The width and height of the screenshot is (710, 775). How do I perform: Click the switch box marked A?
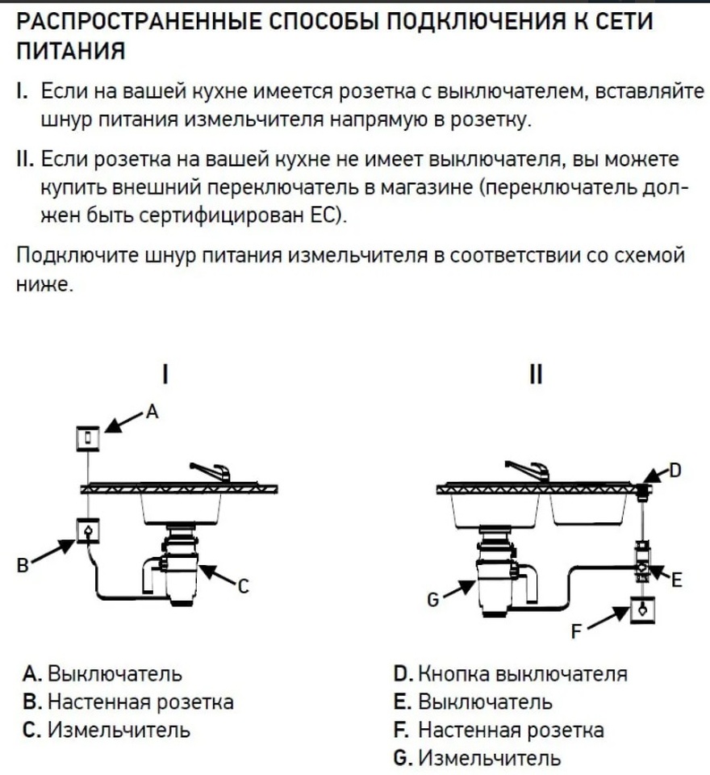coord(87,438)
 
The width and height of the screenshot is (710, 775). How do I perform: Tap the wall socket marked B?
coord(87,530)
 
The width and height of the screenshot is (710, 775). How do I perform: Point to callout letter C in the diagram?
coord(243,589)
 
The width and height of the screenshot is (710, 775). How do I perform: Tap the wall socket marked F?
coord(641,610)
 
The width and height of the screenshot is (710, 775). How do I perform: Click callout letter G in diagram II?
coord(432,600)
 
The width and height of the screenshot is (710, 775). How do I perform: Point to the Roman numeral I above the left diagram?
coord(165,375)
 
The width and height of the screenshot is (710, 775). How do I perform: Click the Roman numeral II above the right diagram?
coord(535,375)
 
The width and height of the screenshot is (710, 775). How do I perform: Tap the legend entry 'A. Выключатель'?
coord(102,673)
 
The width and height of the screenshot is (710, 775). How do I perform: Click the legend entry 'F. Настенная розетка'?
coord(499,731)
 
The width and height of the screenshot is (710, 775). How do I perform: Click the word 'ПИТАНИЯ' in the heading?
coord(71,52)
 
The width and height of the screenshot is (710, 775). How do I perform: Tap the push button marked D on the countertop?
coord(642,489)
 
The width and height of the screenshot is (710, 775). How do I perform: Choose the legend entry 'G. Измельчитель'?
coord(477,759)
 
